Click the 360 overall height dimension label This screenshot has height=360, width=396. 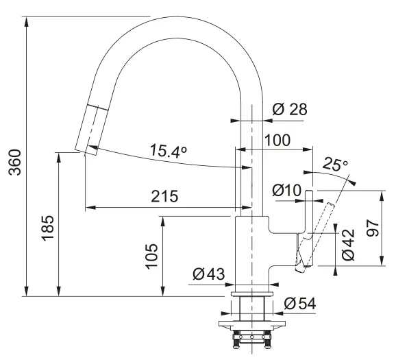(x=14, y=163)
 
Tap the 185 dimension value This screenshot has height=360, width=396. (x=48, y=228)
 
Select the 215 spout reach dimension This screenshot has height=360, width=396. (x=164, y=196)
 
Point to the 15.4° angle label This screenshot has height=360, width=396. (x=169, y=151)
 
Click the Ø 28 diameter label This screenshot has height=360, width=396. (x=290, y=109)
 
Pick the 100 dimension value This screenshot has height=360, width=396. (x=277, y=140)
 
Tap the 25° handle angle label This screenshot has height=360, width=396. (x=335, y=165)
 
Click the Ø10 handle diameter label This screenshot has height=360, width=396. (x=286, y=191)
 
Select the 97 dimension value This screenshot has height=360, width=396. (x=373, y=228)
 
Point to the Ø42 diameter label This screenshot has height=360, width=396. (x=349, y=245)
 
